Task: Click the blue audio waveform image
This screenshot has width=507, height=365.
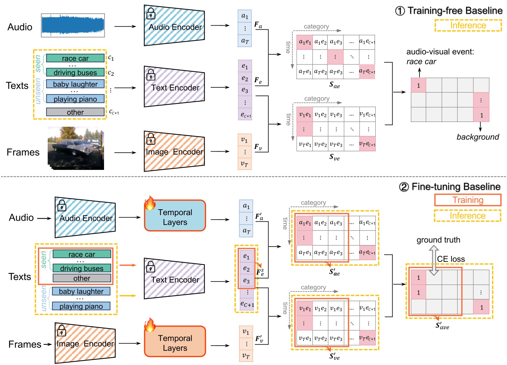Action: (x=73, y=26)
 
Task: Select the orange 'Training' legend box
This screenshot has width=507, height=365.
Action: (x=468, y=200)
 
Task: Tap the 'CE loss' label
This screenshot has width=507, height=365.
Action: (x=451, y=259)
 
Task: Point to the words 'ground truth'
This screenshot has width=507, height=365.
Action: (x=438, y=240)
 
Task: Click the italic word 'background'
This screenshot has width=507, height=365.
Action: (x=478, y=137)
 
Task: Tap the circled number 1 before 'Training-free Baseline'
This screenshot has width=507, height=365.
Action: (x=400, y=11)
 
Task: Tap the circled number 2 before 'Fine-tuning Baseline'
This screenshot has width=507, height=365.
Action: (x=404, y=187)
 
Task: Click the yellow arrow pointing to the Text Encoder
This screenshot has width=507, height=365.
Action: (x=128, y=296)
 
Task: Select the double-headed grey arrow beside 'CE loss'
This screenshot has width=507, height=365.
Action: (x=433, y=260)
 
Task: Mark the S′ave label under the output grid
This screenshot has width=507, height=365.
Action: (x=442, y=326)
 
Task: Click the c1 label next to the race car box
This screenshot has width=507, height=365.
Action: (x=111, y=58)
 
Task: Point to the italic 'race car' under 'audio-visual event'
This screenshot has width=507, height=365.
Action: (x=421, y=62)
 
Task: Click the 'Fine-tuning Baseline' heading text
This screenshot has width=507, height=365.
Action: (x=456, y=187)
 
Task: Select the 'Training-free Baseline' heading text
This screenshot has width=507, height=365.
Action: (x=455, y=11)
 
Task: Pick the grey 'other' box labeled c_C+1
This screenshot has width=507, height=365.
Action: (x=75, y=112)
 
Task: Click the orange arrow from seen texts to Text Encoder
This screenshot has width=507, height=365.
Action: (x=128, y=265)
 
